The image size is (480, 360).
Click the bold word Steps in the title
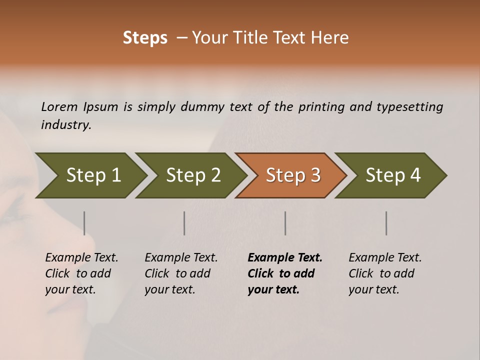[145, 38]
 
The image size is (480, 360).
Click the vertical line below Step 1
[84, 223]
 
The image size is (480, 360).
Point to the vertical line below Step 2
[184, 223]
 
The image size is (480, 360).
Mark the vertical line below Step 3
[285, 223]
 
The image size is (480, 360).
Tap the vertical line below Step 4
[386, 223]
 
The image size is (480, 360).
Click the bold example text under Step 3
[284, 273]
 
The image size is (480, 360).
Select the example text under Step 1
[81, 273]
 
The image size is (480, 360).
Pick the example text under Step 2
[181, 273]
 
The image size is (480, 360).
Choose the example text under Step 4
[385, 273]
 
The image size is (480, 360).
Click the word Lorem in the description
[59, 106]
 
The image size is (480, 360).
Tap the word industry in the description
[65, 125]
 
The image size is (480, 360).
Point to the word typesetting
[409, 107]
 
